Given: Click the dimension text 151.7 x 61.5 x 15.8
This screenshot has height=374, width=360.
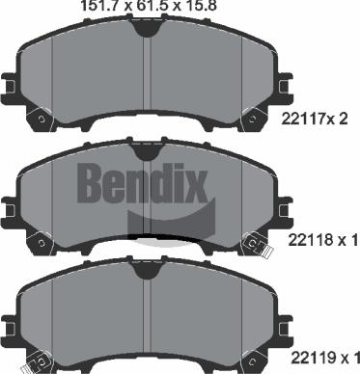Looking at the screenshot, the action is (149, 6).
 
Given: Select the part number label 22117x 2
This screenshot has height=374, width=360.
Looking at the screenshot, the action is (315, 119).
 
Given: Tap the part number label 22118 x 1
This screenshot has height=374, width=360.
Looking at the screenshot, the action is (322, 240).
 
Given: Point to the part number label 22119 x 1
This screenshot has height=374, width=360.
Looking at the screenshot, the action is (325, 358).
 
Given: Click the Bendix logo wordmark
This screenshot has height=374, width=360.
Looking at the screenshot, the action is (142, 183).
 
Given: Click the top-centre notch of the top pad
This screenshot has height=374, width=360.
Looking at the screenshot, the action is (147, 28).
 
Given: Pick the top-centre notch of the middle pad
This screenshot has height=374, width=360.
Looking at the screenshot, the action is (147, 151).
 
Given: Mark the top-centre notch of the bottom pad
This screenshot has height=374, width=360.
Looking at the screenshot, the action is (147, 270).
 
